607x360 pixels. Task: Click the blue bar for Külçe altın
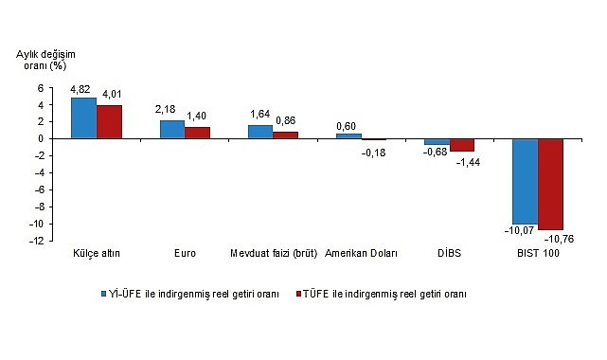click(83, 118)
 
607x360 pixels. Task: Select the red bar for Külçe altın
click(109, 121)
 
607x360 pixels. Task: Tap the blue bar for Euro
click(171, 129)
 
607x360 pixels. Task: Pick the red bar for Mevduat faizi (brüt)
click(285, 135)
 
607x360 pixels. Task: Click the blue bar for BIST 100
click(525, 181)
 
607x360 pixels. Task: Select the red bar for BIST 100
click(550, 184)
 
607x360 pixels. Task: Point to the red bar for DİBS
click(462, 145)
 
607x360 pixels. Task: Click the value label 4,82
click(82, 90)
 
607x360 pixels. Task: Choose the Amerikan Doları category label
click(361, 254)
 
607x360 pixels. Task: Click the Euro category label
click(185, 254)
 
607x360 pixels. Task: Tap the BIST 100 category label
click(537, 254)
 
